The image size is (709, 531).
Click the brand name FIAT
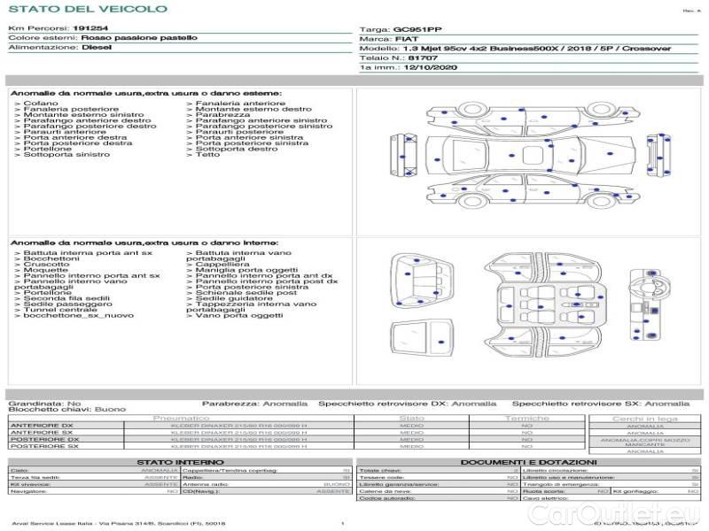point(403,39)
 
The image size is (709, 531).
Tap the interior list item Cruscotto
point(46,265)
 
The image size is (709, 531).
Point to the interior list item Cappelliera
point(222,265)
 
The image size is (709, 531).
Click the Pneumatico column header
point(181,418)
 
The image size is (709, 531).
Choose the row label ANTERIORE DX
point(42,426)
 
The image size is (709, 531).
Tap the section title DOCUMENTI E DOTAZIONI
point(527,462)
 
